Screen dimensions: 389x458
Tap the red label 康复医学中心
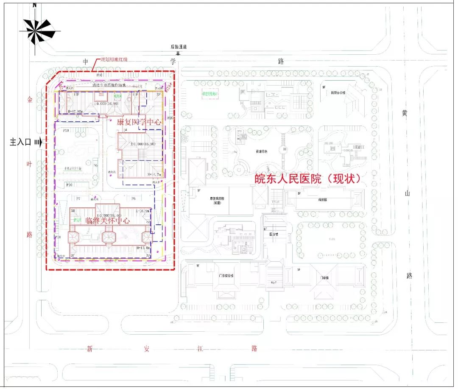click(x=140, y=121)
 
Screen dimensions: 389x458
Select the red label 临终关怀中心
click(x=107, y=221)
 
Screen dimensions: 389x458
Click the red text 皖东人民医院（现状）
click(x=307, y=179)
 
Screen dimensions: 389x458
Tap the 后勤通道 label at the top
click(x=179, y=47)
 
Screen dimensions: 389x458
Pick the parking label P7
click(x=78, y=199)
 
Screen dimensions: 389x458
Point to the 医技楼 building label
click(x=274, y=234)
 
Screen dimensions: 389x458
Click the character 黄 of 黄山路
click(x=405, y=114)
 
